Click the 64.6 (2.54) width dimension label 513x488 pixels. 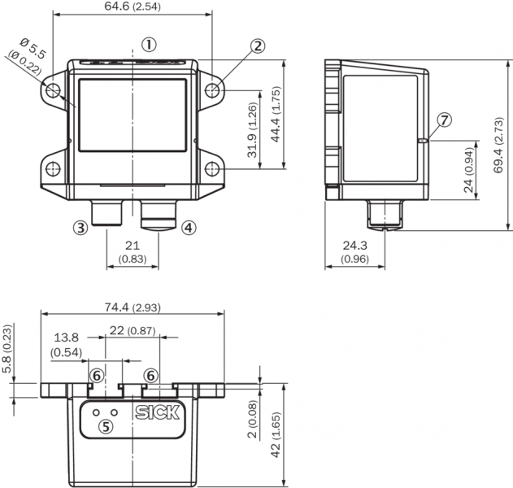(133, 7)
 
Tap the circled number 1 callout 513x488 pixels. (149, 45)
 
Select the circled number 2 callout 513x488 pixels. (259, 46)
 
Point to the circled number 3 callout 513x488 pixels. (80, 228)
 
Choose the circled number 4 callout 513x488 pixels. (189, 228)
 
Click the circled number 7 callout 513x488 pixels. (444, 120)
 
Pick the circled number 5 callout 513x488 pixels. (106, 426)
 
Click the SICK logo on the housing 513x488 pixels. (158, 412)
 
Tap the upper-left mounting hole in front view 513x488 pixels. (53, 90)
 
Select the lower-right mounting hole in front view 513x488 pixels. (212, 169)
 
